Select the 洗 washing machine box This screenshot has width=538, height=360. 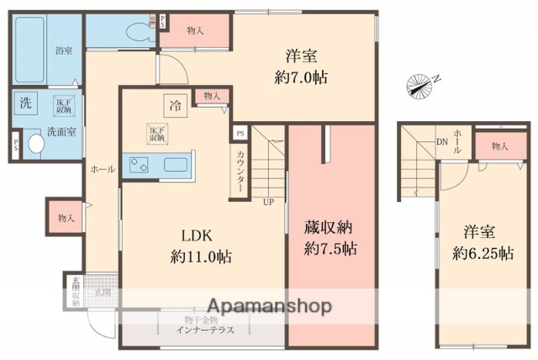(25, 105)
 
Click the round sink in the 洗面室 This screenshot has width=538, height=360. (34, 143)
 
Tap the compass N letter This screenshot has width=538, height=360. (435, 79)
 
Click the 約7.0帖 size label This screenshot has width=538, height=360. (300, 77)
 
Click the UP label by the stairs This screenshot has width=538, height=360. (268, 202)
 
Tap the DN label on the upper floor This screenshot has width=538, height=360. (441, 142)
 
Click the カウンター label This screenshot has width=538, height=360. (240, 172)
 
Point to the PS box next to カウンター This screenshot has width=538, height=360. (240, 132)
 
